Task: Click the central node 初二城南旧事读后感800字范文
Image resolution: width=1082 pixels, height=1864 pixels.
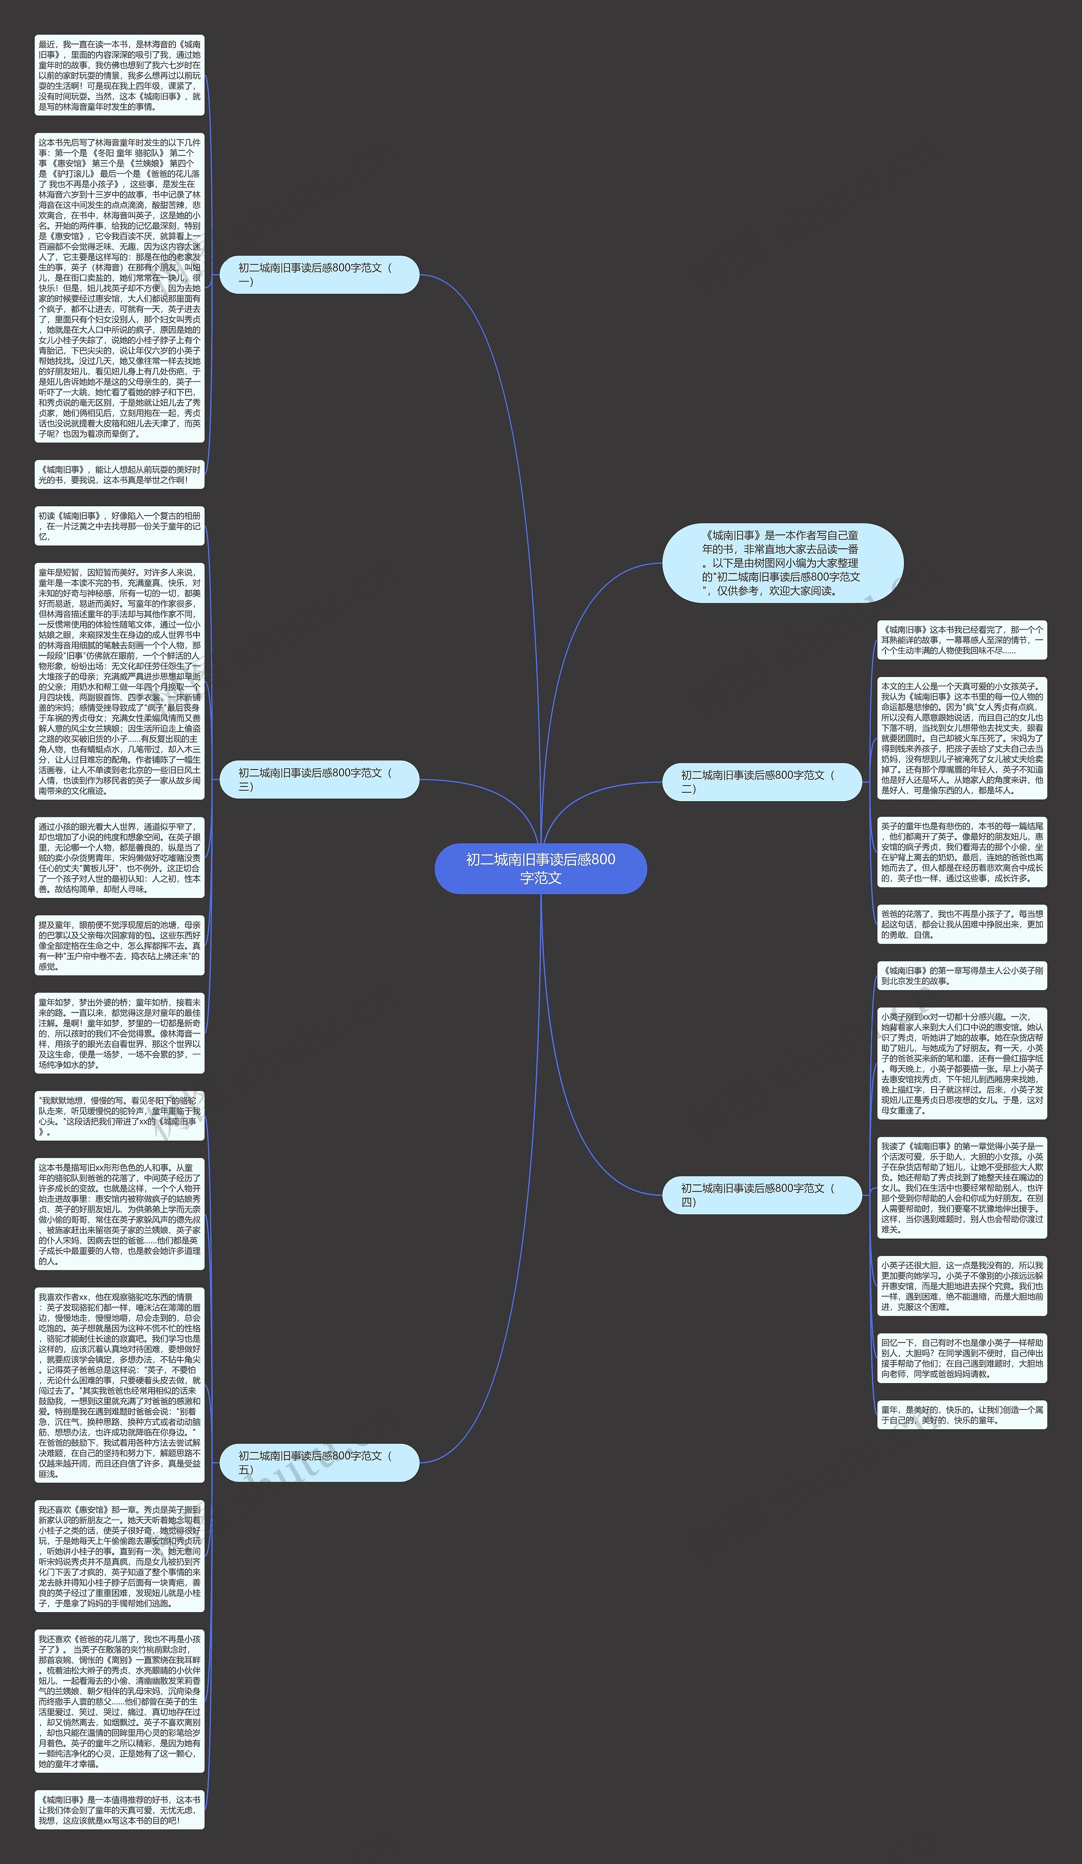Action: pos(541,868)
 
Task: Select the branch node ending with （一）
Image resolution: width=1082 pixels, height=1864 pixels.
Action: pos(320,274)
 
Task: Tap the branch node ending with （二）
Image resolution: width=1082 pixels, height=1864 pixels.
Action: pos(762,782)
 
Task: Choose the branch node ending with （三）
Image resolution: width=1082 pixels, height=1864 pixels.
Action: pos(320,780)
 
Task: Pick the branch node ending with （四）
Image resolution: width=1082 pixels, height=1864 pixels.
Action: pos(762,1195)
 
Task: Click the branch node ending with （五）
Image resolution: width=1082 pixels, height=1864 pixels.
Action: pos(320,1463)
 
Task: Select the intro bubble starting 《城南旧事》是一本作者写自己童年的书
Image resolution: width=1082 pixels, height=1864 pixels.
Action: pos(782,563)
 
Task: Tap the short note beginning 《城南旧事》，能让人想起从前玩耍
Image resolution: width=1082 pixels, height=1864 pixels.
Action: pos(119,475)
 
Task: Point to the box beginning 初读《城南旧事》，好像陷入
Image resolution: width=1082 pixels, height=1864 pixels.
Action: pos(119,526)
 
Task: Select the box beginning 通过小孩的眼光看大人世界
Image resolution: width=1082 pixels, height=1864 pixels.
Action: pos(119,858)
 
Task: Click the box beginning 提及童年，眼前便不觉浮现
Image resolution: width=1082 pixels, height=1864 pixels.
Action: pos(119,945)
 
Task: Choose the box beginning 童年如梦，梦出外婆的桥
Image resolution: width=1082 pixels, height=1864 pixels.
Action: pos(119,1033)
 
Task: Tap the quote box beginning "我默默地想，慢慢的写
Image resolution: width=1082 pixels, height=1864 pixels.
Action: pos(119,1116)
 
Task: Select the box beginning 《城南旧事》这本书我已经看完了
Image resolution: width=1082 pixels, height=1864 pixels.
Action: pos(962,640)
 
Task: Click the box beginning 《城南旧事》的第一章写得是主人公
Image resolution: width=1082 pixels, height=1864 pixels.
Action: pos(962,976)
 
